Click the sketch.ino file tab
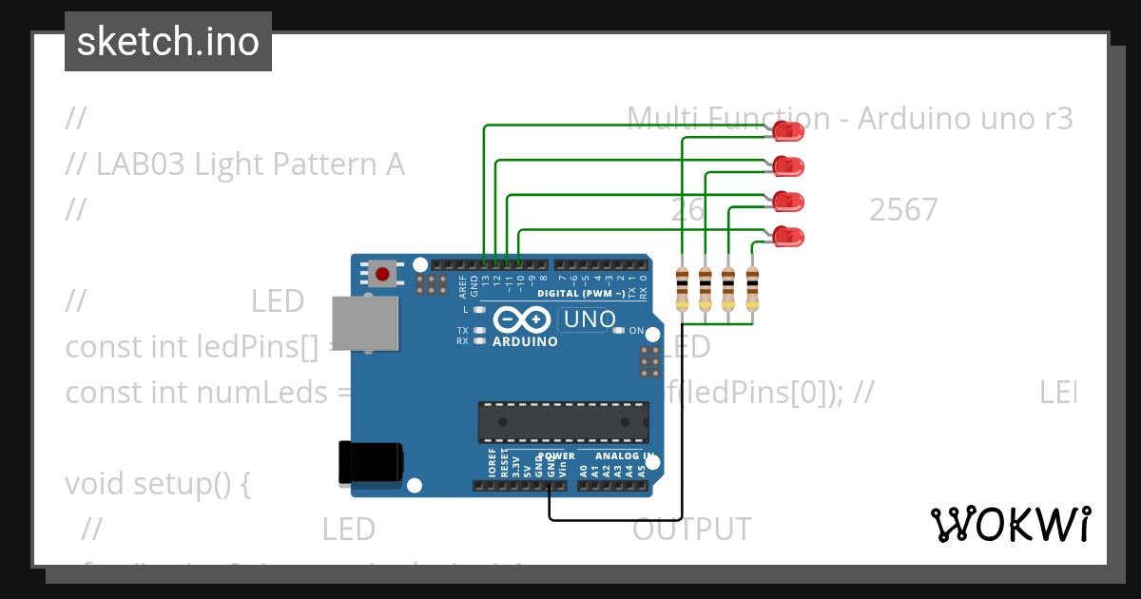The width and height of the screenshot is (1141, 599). tap(168, 42)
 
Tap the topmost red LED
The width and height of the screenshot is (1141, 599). tap(788, 130)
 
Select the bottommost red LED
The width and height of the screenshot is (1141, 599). tap(788, 236)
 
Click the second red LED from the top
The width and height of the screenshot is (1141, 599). tap(788, 166)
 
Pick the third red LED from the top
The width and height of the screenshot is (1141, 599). tap(788, 201)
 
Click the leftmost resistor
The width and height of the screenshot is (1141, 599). tap(682, 289)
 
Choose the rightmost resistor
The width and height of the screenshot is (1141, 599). tap(752, 289)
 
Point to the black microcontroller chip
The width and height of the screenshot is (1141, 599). tap(563, 422)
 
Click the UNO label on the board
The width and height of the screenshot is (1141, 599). tap(590, 319)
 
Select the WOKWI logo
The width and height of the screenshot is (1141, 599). tap(1010, 524)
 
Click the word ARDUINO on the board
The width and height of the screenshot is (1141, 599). tap(525, 341)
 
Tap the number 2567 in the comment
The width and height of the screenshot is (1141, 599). tap(902, 210)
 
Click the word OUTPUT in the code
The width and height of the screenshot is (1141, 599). tap(691, 530)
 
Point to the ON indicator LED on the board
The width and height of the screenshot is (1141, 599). tap(619, 331)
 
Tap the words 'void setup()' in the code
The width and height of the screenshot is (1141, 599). tap(158, 484)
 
